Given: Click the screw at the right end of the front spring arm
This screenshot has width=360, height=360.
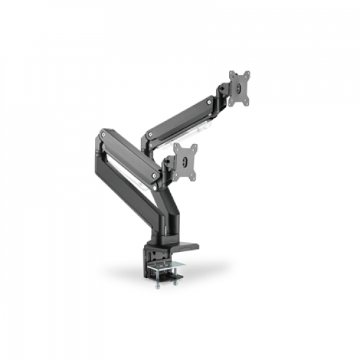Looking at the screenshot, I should click(x=155, y=175).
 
